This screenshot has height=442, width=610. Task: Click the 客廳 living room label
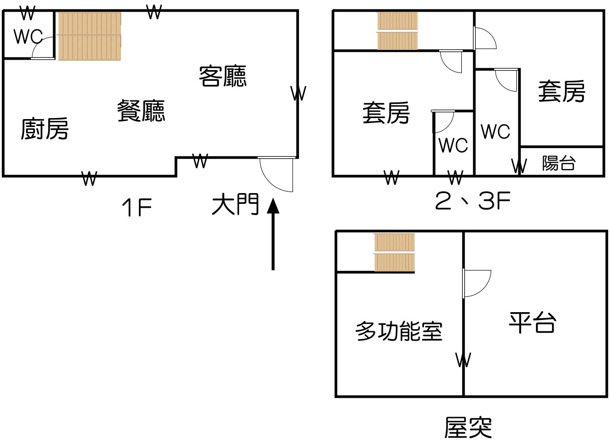[x=223, y=76]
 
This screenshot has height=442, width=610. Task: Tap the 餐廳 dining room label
[x=141, y=111]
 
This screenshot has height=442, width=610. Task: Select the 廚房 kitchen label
[x=45, y=129]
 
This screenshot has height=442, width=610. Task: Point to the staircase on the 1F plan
[x=89, y=36]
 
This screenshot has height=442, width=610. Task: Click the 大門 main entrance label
[x=235, y=205]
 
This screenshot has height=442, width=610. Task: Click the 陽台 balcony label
[x=558, y=163]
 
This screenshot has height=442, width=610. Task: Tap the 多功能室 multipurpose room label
[x=398, y=332]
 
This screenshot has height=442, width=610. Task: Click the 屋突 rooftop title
[x=468, y=427]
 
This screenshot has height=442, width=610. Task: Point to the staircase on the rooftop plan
[x=395, y=252]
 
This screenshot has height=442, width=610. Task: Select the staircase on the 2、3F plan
[x=398, y=31]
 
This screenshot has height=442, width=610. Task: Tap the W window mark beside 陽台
[x=519, y=166]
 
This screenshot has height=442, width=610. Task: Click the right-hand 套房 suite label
[x=561, y=92]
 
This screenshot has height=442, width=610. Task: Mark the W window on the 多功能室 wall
[x=463, y=360]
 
